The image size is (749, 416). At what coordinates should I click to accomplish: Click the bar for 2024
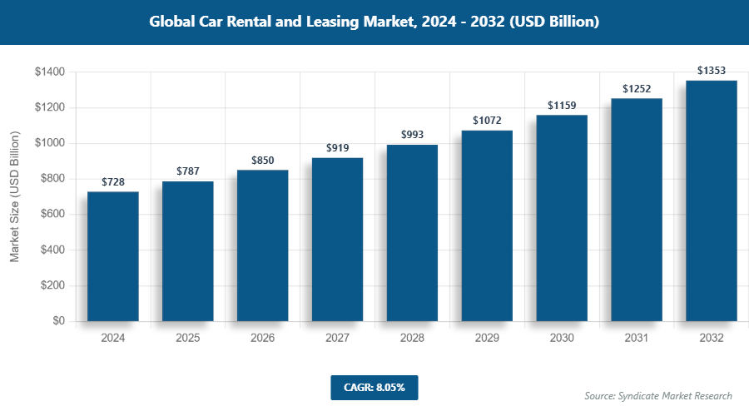click(113, 256)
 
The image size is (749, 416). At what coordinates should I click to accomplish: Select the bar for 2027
click(337, 240)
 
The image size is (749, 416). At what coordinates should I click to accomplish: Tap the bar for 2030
click(562, 218)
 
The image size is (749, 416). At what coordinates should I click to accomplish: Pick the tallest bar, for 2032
click(712, 201)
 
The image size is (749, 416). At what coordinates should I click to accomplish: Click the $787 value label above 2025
click(188, 171)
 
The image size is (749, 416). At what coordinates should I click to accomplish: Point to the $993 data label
click(412, 134)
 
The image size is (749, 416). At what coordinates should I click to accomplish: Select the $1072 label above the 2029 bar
click(487, 121)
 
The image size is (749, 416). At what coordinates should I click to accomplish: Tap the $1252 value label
click(637, 88)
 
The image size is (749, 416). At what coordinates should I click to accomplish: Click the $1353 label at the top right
click(712, 70)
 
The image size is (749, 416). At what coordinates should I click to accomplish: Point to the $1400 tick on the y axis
click(50, 72)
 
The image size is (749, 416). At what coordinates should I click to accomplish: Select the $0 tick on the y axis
click(58, 321)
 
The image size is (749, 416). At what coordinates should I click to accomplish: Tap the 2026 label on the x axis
click(263, 339)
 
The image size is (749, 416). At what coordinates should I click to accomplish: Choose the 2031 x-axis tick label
click(637, 339)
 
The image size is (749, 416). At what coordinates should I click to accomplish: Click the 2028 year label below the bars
click(412, 339)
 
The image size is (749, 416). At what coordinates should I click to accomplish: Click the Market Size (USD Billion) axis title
click(14, 197)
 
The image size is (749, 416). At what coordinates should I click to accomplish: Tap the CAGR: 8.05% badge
click(374, 387)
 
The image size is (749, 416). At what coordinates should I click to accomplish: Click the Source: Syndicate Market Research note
click(658, 396)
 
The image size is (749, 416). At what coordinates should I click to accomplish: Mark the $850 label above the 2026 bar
click(263, 160)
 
